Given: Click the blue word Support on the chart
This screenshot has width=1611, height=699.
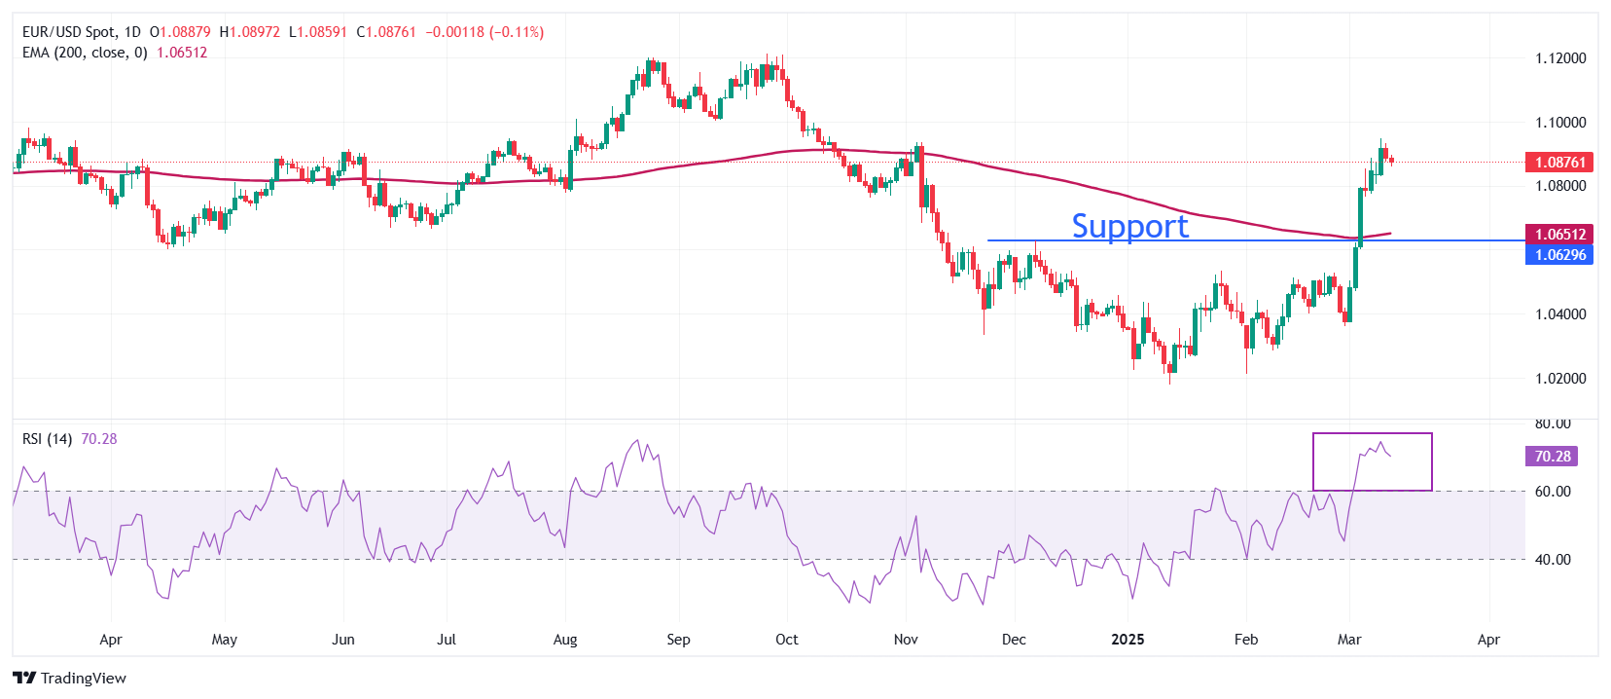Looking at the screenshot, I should [x=1129, y=226].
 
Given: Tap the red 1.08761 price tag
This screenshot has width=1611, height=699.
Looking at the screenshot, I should [x=1559, y=163].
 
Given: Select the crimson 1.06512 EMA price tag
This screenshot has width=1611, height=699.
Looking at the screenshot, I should [x=1559, y=234].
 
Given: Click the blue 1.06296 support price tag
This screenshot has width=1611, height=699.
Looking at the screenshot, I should [x=1559, y=255].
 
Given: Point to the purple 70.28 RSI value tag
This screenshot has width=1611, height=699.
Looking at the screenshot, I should [x=1553, y=457].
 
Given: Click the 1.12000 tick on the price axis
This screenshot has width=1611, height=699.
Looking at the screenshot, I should [x=1560, y=58].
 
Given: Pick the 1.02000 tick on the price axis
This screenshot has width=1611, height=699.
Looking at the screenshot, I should [x=1560, y=379].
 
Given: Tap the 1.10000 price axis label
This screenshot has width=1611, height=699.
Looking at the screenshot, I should [x=1560, y=123].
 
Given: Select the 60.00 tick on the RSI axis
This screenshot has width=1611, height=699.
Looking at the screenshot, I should [x=1553, y=492].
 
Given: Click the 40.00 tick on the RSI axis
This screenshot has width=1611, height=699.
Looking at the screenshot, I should [x=1553, y=560].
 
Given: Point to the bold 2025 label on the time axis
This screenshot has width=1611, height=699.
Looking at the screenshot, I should [x=1128, y=640].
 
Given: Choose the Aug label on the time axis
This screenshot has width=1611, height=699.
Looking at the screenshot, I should [x=565, y=640].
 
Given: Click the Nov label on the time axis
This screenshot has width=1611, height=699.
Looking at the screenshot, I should [x=906, y=640].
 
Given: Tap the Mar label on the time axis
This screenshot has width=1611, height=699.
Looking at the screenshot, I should [x=1349, y=640].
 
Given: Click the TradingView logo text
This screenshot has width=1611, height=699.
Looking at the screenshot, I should [x=83, y=679].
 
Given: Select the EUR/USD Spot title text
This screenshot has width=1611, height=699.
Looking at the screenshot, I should [x=68, y=32].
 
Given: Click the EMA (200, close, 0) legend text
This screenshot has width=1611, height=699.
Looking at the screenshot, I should [x=85, y=53].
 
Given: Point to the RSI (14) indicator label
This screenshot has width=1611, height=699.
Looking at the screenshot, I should [x=47, y=439].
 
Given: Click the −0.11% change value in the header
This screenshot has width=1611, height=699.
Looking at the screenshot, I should [x=518, y=32].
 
